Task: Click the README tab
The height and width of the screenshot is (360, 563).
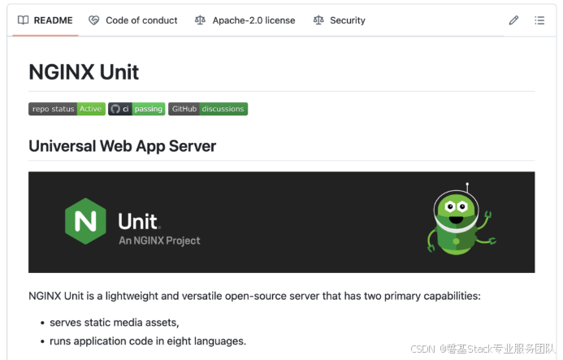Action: pos(45,20)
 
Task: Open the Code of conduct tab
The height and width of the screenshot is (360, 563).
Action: pos(133,20)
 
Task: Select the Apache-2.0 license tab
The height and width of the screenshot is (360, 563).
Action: pos(245,20)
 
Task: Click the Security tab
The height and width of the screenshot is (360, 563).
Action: pos(340,20)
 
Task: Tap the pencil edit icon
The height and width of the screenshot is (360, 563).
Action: pos(513,20)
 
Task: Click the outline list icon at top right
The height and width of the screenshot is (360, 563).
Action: pos(539,20)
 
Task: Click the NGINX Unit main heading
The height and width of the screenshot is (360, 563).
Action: pos(84,72)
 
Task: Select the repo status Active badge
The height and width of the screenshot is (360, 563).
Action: pos(67,109)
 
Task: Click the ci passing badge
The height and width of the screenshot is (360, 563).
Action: pos(136,109)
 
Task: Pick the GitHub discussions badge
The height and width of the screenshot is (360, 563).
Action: pos(207,109)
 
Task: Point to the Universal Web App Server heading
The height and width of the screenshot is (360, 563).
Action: pos(122,146)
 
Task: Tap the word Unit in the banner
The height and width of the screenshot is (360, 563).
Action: pos(138,221)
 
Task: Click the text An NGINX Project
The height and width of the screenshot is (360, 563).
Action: pos(159,241)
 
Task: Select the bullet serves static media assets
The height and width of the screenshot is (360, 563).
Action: pos(114,323)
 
